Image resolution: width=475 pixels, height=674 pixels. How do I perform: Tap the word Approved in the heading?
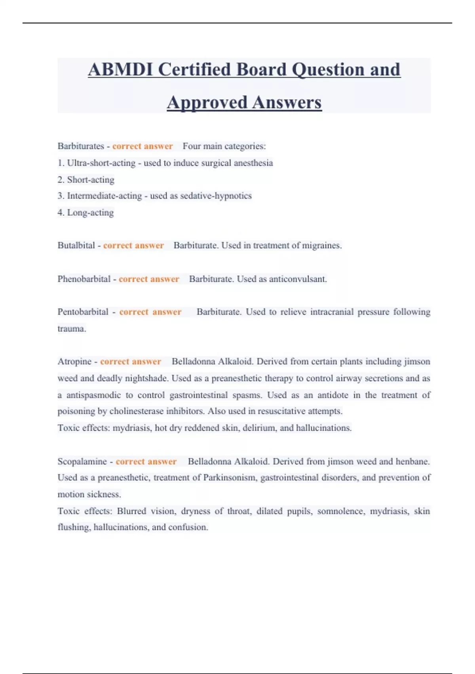click(x=207, y=103)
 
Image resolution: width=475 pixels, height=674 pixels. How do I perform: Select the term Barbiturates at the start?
click(x=81, y=146)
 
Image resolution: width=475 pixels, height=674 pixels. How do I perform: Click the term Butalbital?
click(x=76, y=245)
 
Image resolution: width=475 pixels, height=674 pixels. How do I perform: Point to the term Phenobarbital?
click(x=84, y=279)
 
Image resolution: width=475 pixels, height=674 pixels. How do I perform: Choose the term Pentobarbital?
click(x=83, y=312)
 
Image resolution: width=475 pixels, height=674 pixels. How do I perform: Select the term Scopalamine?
click(x=82, y=461)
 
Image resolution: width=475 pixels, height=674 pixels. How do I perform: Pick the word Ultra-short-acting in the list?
click(x=101, y=163)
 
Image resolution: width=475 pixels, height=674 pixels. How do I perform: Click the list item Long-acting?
click(x=90, y=213)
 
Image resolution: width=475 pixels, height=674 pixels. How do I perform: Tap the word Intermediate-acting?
click(x=104, y=196)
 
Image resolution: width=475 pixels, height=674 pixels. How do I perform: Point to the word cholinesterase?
click(x=137, y=411)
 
